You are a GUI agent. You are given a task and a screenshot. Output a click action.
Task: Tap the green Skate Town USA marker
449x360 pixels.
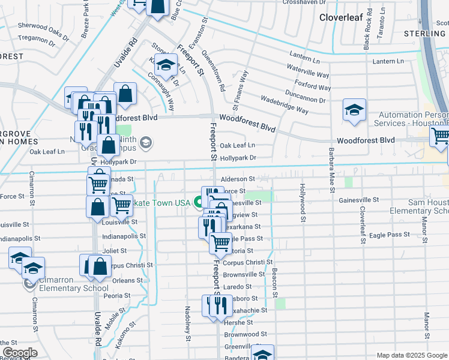pyautogui.click(x=198, y=203)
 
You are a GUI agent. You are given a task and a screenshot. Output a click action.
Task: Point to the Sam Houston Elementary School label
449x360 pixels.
pyautogui.click(x=418, y=206)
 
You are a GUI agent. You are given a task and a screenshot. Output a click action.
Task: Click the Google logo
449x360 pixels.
pyautogui.click(x=20, y=353)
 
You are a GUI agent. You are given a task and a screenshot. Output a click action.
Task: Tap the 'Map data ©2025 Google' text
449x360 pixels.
pyautogui.click(x=412, y=355)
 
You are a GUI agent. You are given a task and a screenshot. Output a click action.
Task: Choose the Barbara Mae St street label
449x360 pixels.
pyautogui.click(x=331, y=169)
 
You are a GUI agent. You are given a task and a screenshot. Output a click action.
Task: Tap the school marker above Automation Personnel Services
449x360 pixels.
pyautogui.click(x=354, y=109)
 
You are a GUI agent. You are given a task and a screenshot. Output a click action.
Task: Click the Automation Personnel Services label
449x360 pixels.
pyautogui.click(x=412, y=119)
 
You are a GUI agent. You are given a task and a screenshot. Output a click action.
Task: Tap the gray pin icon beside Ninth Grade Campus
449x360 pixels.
pyautogui.click(x=147, y=143)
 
